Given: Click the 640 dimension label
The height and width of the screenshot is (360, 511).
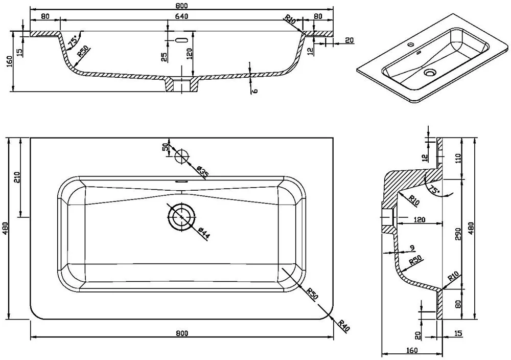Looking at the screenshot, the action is (x=181, y=16).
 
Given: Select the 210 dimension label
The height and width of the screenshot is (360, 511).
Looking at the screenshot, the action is (x=17, y=178).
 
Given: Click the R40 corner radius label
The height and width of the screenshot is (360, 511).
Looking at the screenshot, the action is (x=344, y=325).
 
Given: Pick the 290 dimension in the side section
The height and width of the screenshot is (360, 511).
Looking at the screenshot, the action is (x=458, y=234).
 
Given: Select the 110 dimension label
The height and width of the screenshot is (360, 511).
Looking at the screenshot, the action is (x=458, y=159).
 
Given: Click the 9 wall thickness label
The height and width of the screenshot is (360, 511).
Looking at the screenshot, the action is (x=412, y=249).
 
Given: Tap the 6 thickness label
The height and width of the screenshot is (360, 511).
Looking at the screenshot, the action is (x=255, y=90).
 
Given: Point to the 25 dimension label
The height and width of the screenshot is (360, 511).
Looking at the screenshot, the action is (x=165, y=57).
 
